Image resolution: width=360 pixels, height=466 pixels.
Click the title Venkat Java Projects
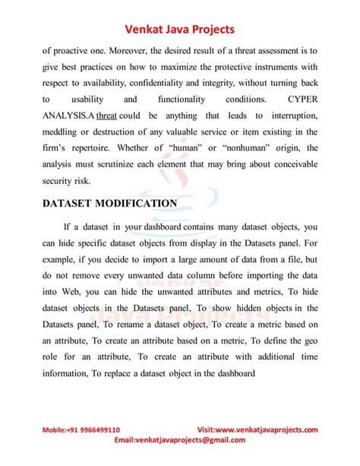(x=180, y=29)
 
